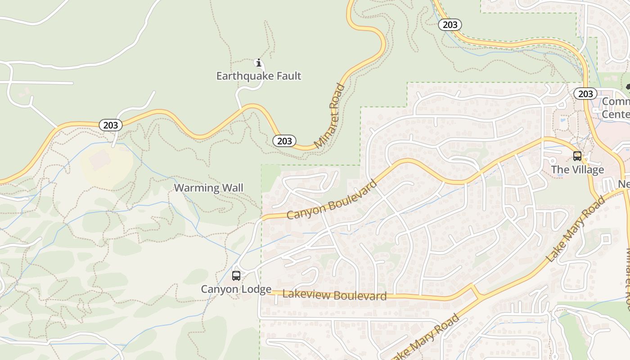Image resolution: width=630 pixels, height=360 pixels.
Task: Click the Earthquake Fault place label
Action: coord(258,76)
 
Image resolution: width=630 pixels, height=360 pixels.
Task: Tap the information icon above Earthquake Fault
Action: coord(258,63)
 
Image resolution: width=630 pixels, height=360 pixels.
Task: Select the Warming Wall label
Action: coord(208,188)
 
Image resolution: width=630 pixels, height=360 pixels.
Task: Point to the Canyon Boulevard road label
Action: coord(332,200)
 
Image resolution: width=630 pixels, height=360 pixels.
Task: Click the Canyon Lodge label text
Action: coord(236,289)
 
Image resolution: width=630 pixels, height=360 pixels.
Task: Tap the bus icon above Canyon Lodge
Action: coord(236,276)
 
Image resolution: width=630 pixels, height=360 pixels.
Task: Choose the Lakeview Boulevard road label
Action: coord(334,295)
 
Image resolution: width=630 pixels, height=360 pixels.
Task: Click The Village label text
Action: coord(577,170)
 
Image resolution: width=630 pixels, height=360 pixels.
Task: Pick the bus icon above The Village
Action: coord(577,156)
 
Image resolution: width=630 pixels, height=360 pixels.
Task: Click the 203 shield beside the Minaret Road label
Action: coord(284,141)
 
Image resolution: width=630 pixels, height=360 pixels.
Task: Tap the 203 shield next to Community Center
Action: coord(585,94)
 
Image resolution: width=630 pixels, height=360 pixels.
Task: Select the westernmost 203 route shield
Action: coord(110,125)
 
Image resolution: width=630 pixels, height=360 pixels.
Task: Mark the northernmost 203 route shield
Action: coord(450,25)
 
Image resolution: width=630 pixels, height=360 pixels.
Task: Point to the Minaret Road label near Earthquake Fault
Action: coord(330,116)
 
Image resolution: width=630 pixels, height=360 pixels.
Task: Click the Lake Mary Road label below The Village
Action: coord(576,229)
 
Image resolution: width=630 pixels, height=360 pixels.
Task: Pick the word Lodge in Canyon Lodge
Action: coord(256,289)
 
